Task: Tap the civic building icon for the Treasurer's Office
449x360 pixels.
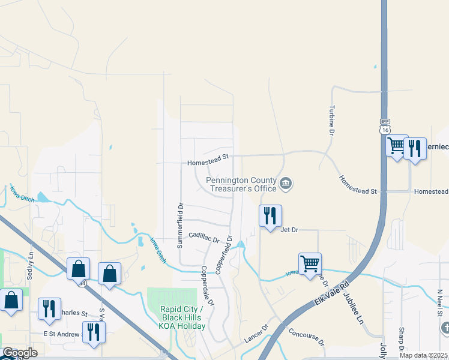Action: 286,183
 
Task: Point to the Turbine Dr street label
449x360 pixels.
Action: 331,119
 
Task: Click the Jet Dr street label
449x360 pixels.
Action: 289,229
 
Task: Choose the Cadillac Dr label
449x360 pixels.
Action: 204,237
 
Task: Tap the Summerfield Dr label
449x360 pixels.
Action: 179,226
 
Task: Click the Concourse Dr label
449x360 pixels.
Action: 306,338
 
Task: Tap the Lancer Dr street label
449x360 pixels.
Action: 256,335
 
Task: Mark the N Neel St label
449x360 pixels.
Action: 440,302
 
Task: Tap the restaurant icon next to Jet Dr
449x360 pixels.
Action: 270,215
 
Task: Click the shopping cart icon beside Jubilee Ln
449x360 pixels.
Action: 310,263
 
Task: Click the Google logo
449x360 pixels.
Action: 20,353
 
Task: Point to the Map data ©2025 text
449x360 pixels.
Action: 423,355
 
